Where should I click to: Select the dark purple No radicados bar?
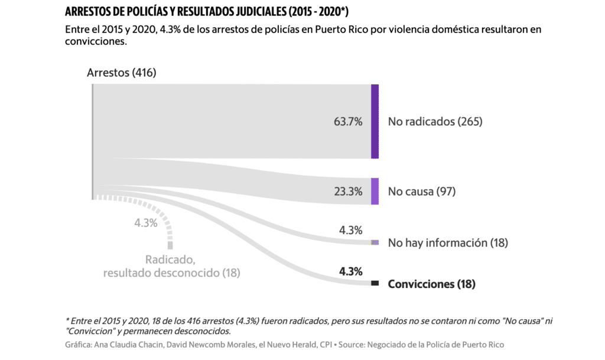point(375,121)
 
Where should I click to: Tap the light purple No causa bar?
point(375,192)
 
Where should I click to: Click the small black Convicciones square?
point(375,284)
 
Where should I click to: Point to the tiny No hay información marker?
point(375,242)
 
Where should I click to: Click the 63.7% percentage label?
point(348,122)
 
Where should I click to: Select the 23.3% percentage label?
point(348,192)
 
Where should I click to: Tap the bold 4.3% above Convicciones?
point(350,272)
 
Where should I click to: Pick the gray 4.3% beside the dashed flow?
point(145,223)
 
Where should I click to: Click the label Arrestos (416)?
point(121,73)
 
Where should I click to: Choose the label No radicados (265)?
point(435,122)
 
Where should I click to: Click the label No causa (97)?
point(421,192)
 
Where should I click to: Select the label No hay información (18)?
point(448,243)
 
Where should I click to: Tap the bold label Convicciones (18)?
point(431,284)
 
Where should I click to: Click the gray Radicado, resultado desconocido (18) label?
point(171,266)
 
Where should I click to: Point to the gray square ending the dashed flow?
point(171,245)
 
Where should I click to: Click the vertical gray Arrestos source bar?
point(92,142)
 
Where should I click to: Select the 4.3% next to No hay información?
point(350,230)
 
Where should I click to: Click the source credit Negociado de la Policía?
point(449,344)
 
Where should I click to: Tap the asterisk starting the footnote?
point(67,320)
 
